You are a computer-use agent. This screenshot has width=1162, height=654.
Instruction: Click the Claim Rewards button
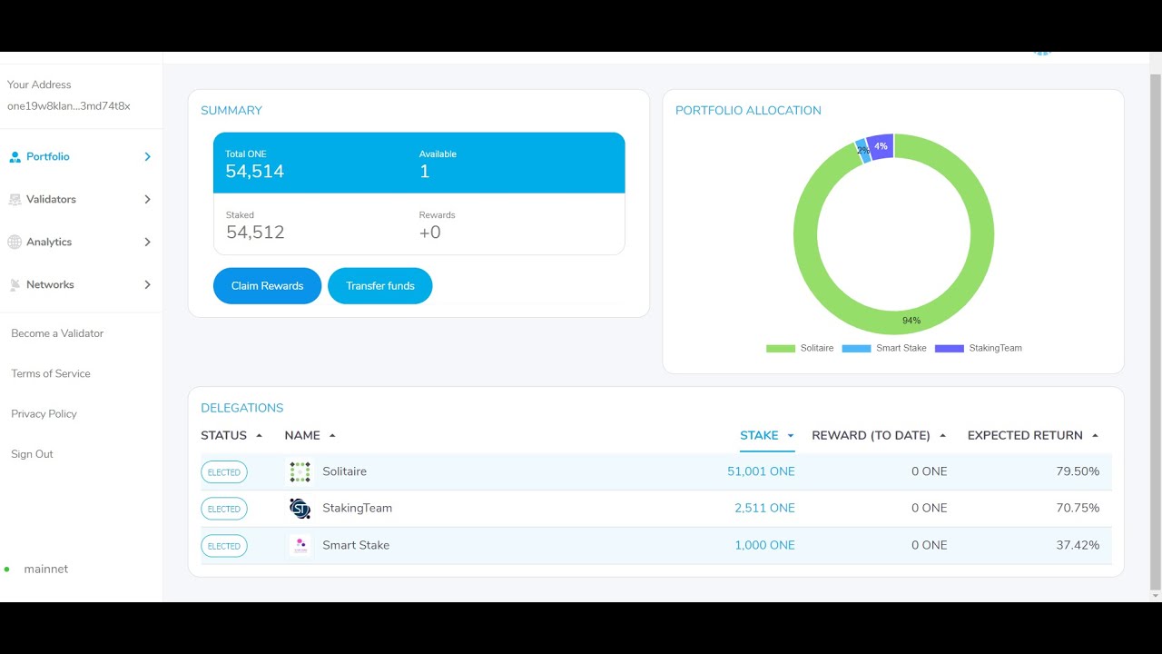[x=267, y=286]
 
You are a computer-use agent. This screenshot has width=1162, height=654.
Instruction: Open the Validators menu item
[x=51, y=199]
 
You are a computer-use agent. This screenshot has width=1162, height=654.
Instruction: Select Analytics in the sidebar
[x=49, y=242]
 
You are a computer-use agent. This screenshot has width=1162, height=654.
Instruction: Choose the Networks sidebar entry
[x=50, y=284]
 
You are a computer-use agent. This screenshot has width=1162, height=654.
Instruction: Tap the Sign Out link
[x=32, y=454]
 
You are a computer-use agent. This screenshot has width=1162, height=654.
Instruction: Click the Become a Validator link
[x=57, y=333]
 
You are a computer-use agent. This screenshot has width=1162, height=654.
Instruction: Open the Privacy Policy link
[x=44, y=413]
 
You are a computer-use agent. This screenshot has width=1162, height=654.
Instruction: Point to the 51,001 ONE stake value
[x=761, y=471]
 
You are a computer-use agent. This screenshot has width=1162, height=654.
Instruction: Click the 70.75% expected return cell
[x=1078, y=508]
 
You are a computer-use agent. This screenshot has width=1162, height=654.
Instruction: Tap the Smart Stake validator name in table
[x=356, y=545]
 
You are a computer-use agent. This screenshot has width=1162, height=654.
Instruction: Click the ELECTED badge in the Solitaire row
[x=224, y=472]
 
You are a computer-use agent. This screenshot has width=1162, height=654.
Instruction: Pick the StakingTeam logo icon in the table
[x=300, y=509]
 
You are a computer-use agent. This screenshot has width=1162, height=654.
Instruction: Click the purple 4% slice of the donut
[x=881, y=147]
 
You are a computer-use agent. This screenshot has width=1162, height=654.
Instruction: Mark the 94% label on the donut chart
[x=911, y=321]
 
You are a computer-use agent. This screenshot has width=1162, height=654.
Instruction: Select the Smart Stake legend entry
[x=884, y=348]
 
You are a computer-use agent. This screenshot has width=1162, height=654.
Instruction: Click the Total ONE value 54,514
[x=255, y=172]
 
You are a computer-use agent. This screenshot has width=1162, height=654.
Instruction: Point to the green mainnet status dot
[x=6, y=570]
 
